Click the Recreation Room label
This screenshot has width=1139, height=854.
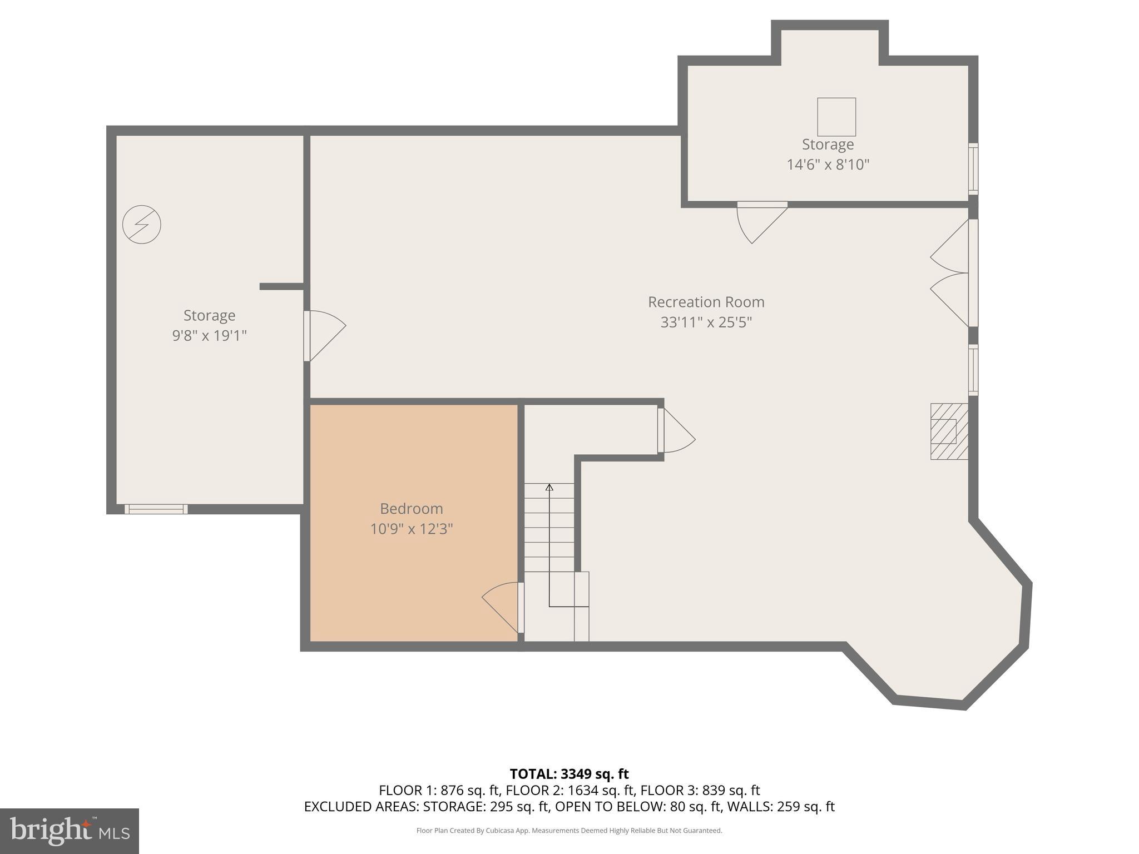706,302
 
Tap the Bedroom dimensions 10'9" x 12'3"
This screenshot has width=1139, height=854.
412,529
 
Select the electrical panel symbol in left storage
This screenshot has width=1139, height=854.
142,225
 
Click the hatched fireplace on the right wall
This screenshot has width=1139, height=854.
949,431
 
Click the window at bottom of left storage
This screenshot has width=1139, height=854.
156,509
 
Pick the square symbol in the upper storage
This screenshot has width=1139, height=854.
836,117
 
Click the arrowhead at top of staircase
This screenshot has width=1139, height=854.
549,488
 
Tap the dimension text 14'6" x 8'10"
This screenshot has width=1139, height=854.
828,165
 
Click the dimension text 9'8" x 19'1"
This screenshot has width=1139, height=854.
209,336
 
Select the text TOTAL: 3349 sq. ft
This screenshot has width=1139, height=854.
569,774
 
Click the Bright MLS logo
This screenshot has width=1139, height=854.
69,831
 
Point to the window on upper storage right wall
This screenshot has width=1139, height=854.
973,168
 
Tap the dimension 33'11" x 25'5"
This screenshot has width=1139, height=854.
706,322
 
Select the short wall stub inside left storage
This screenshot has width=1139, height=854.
281,286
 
